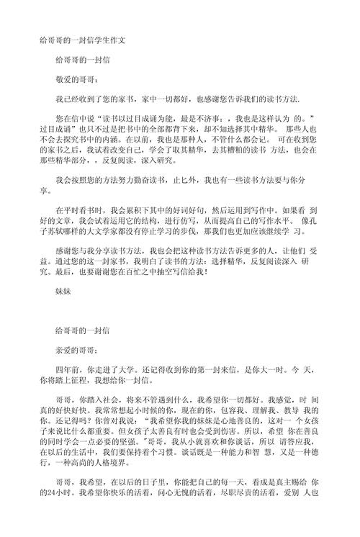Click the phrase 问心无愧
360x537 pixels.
pyautogui.click(x=161, y=515)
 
